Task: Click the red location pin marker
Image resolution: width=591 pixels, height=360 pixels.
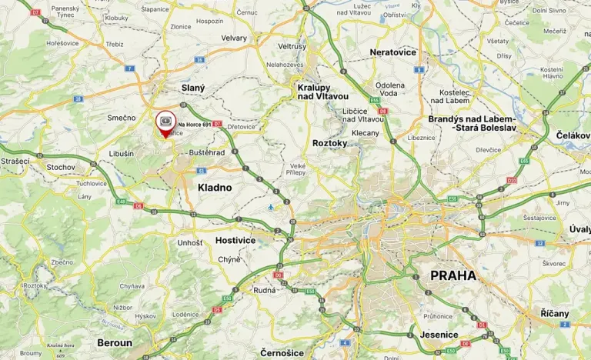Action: click(x=165, y=123)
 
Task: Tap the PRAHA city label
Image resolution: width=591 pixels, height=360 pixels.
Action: click(x=453, y=275)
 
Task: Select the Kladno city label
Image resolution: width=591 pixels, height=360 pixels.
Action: click(x=215, y=187)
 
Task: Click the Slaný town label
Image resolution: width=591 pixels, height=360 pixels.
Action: click(x=192, y=88)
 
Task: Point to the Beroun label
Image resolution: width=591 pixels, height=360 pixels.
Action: click(x=115, y=342)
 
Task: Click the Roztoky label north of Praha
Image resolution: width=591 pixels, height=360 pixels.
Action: click(x=330, y=143)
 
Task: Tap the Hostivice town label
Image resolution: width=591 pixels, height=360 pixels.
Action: click(x=235, y=240)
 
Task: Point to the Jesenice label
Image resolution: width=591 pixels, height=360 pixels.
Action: click(x=439, y=335)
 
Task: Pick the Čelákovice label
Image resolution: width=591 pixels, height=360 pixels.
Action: click(x=573, y=135)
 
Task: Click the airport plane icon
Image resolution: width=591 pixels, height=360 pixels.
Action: click(x=270, y=207)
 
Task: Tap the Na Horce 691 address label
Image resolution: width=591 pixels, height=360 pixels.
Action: click(x=195, y=124)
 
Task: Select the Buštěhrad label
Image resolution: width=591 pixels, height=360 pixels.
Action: click(x=206, y=152)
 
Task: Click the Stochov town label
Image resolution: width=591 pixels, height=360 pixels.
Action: click(x=61, y=166)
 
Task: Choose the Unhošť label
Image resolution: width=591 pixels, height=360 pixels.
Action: click(x=189, y=242)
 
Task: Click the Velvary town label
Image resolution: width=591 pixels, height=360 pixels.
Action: click(x=234, y=38)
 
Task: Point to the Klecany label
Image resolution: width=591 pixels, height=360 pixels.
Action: click(x=366, y=132)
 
